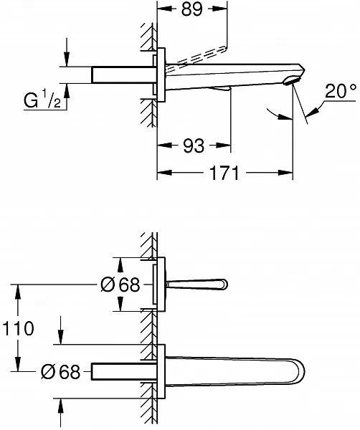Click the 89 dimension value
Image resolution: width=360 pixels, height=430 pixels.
point(191,9)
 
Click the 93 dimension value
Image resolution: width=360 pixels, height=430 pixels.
point(194,145)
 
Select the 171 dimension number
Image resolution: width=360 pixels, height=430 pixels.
point(224,173)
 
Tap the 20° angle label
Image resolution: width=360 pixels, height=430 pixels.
point(341,91)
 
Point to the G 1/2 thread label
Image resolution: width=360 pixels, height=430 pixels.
point(42,100)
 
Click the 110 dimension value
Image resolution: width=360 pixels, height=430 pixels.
point(18,328)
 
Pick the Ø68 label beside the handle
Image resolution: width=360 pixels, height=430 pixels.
point(120,285)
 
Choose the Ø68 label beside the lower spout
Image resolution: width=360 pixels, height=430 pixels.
point(60,372)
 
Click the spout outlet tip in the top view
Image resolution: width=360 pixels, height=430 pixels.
point(293,81)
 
